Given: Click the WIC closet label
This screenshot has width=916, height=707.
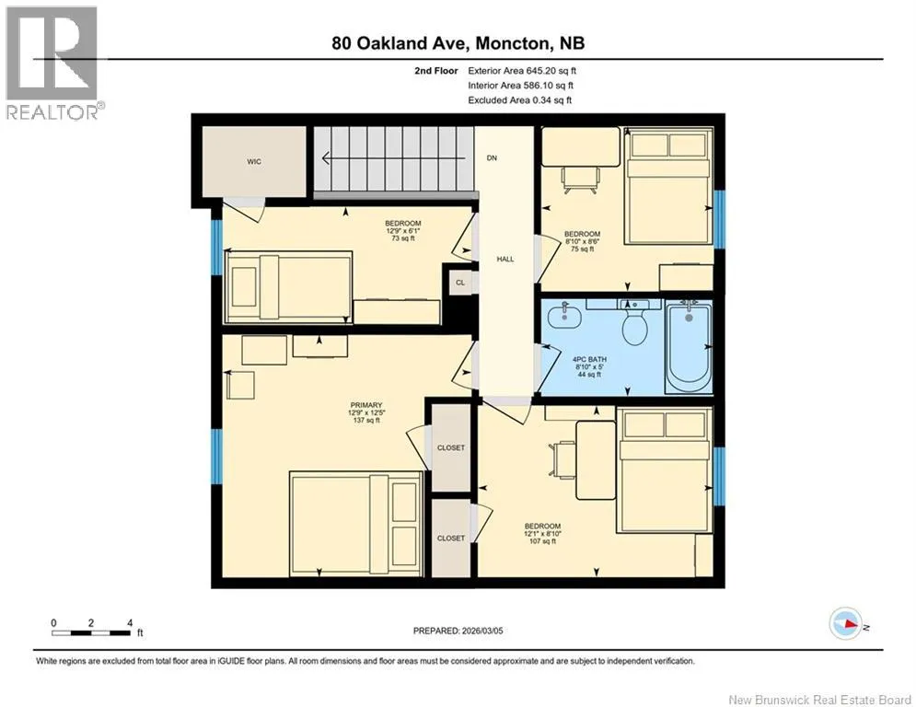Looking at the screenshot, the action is (253, 162).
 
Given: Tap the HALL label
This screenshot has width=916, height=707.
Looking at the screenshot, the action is (505, 259).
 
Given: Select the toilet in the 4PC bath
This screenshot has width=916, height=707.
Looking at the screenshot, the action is (635, 324).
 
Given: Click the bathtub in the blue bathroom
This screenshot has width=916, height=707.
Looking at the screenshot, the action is (689, 348).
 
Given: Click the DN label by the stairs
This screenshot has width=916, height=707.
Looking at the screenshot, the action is (492, 157).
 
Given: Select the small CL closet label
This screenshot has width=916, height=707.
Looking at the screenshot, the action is (460, 283).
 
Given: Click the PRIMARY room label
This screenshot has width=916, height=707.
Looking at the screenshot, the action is (366, 405).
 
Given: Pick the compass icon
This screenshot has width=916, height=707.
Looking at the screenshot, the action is (846, 623).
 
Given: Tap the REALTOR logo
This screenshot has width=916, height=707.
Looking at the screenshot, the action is (53, 64).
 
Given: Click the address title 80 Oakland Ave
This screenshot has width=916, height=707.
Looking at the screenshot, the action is (458, 43).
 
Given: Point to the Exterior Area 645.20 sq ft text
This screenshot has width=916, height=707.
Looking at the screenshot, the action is (522, 71).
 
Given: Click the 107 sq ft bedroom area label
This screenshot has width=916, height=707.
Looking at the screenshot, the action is (543, 541).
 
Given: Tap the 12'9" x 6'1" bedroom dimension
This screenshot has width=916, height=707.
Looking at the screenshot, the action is (403, 231).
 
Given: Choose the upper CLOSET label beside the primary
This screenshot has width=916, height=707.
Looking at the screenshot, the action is (451, 447).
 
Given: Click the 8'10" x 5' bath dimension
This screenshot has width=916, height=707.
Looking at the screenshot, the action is (589, 367).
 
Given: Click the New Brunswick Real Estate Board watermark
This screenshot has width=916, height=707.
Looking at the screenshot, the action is (819, 700).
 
